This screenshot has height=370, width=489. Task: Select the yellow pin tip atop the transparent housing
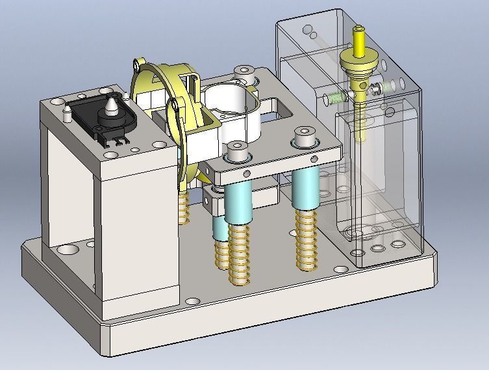coord(358,31)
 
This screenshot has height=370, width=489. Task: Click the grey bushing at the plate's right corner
coord(304,139)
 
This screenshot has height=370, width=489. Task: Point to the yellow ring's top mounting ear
coord(135,64)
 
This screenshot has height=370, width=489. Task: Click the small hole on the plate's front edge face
coord(247,173)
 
